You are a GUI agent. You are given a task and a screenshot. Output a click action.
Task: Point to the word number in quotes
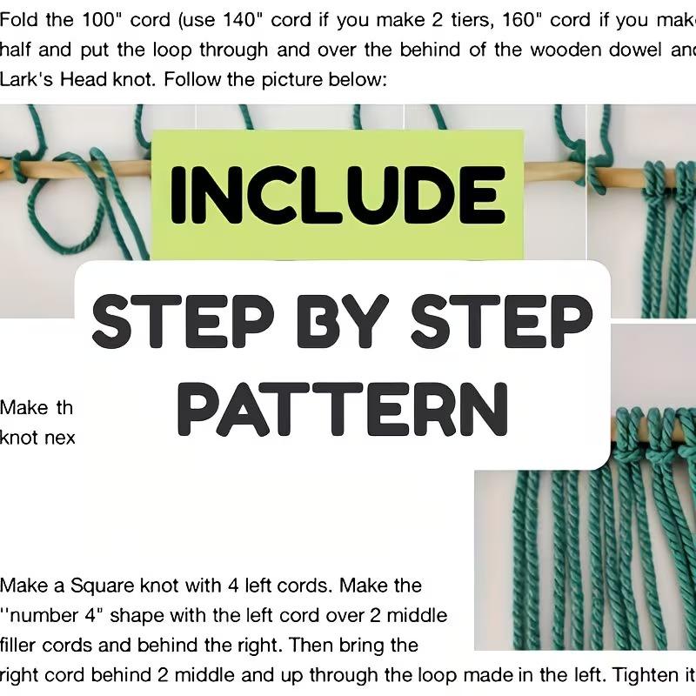point(45,616)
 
